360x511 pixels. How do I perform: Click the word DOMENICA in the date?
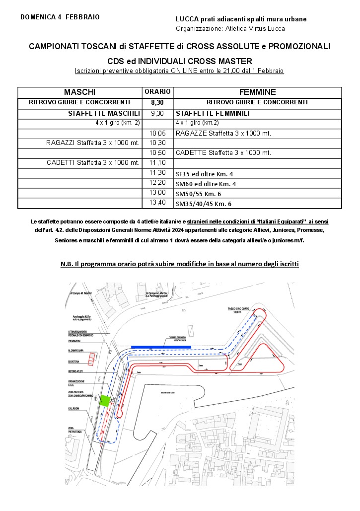pyautogui.click(x=38, y=17)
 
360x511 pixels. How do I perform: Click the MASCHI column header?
pyautogui.click(x=79, y=92)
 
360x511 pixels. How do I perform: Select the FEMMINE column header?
pyautogui.click(x=257, y=92)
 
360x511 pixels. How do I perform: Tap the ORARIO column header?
pyautogui.click(x=157, y=92)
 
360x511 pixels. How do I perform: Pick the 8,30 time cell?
pyautogui.click(x=157, y=102)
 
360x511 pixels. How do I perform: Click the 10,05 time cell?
pyautogui.click(x=157, y=133)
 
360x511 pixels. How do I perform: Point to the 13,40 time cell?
pyautogui.click(x=157, y=203)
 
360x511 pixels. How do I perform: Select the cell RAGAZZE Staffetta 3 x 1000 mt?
pyautogui.click(x=223, y=134)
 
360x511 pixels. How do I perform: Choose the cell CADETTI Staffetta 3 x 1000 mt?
pyautogui.click(x=93, y=163)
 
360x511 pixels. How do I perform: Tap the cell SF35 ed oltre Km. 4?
pyautogui.click(x=205, y=174)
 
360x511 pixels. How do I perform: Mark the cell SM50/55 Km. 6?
pyautogui.click(x=203, y=194)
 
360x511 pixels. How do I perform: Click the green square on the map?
pyautogui.click(x=104, y=401)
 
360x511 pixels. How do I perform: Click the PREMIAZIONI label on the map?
pyautogui.click(x=76, y=341)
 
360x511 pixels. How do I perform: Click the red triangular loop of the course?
pyautogui.click(x=261, y=357)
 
